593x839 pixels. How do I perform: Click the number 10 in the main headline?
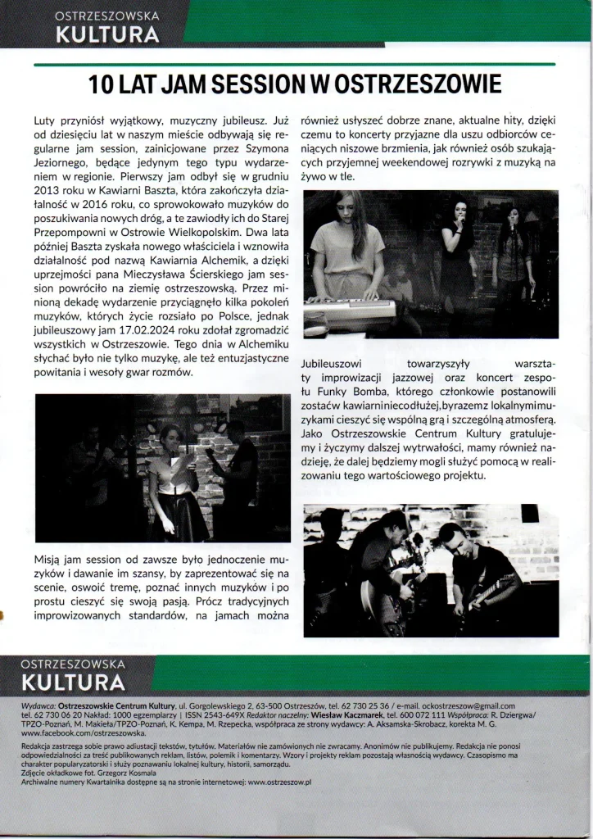click(x=105, y=85)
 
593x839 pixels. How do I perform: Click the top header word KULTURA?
click(x=106, y=34)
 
